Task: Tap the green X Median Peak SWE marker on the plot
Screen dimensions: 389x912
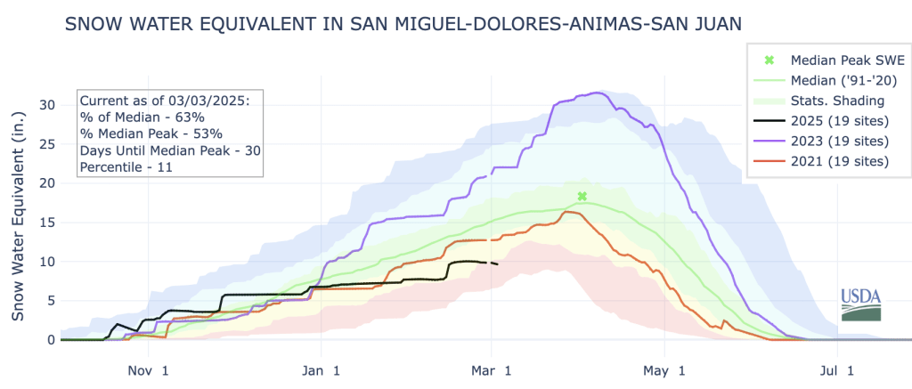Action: click(x=582, y=196)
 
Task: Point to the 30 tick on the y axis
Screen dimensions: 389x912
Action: click(x=47, y=105)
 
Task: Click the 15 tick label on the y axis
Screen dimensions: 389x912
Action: click(x=47, y=223)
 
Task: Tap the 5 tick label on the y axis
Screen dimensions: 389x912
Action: click(x=51, y=301)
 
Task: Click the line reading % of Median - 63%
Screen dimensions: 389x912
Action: click(x=142, y=117)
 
